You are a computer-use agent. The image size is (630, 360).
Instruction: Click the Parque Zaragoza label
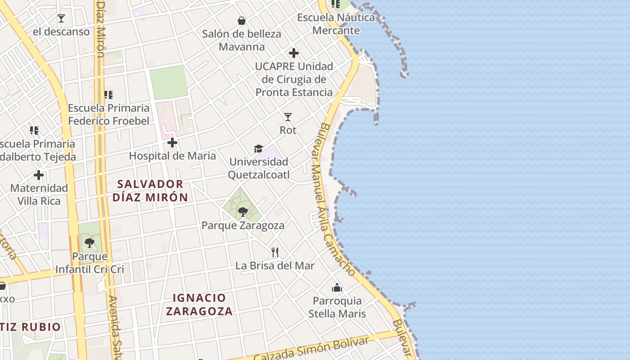pos(243,225)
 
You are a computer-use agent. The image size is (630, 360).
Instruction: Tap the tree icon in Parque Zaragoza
pos(243,211)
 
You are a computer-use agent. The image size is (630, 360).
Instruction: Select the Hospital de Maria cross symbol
pos(172,143)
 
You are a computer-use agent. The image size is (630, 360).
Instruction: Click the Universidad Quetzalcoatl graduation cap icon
pos(258,148)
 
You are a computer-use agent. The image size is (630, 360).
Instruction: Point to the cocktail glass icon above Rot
pos(288,117)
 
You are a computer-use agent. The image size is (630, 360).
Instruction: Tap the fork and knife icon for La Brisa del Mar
pos(275,252)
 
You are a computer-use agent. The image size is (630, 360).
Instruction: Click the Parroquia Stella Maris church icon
pos(337,288)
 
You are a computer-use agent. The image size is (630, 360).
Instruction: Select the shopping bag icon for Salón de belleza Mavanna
pos(242,20)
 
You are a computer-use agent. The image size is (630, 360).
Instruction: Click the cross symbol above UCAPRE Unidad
pos(294,53)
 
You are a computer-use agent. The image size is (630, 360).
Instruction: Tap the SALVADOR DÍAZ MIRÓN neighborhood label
pos(150,190)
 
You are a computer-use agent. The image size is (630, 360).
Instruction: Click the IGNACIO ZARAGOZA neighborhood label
pos(199,304)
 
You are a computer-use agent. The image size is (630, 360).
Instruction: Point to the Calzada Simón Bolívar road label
pos(310,349)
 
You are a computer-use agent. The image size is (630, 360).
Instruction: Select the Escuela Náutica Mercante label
pos(336,24)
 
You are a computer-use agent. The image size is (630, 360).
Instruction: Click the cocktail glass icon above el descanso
pos(61,18)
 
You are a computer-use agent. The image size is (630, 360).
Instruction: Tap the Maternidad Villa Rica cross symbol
pos(39,175)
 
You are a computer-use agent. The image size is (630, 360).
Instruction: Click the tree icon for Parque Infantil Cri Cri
pos(90,243)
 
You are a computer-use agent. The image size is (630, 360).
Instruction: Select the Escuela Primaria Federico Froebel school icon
pos(108,95)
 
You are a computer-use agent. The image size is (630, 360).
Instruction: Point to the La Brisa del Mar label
pos(275,265)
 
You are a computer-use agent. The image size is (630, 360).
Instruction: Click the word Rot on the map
pos(288,130)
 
